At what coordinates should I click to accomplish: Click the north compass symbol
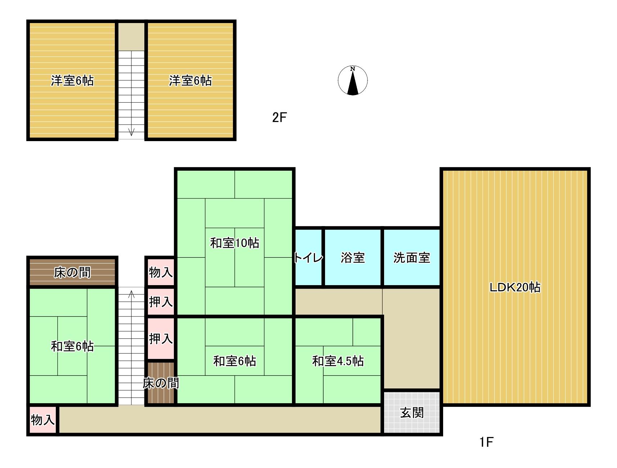pos(353,81)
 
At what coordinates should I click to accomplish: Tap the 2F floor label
pos(279,117)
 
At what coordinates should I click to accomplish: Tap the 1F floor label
pos(486,442)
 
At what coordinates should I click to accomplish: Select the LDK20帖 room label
pos(515,287)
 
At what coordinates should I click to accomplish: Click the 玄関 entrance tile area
pos(412,413)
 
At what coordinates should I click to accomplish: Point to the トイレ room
pos(308,258)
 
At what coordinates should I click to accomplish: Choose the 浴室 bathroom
pos(353,258)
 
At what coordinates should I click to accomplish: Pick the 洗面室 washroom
pos(411,258)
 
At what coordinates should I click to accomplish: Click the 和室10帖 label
pos(235,243)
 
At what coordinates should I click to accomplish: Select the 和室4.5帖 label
pos(338,361)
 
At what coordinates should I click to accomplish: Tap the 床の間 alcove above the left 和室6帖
pos(72,273)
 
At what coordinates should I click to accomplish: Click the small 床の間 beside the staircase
pos(161,383)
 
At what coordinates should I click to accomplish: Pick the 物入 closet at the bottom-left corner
pos(42,420)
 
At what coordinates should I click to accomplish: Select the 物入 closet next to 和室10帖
pos(161,272)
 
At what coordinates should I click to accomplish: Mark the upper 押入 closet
pos(161,302)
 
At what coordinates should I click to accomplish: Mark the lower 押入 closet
pos(161,338)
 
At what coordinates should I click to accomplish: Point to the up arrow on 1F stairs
pos(131,294)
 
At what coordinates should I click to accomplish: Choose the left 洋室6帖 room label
pos(72,81)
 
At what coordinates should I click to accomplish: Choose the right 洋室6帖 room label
pos(190,81)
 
